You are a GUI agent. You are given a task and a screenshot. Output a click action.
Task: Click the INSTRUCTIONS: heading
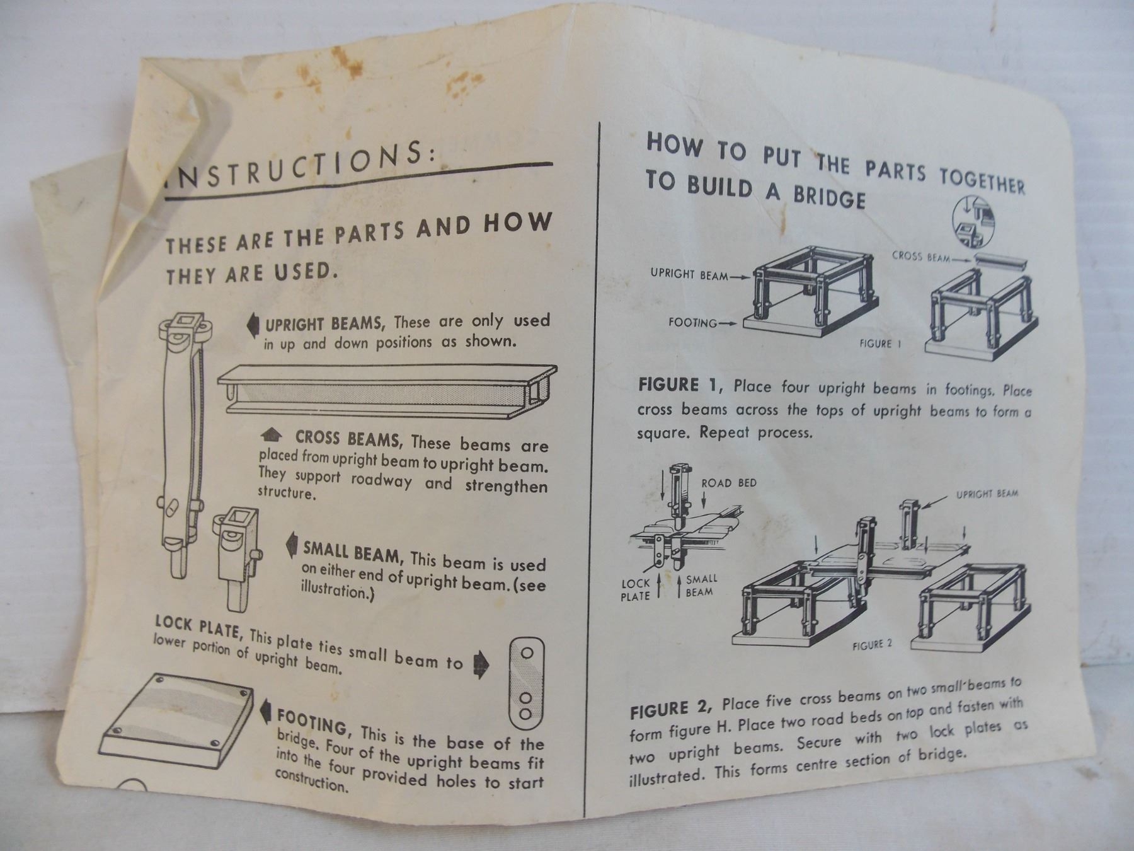tap(300, 163)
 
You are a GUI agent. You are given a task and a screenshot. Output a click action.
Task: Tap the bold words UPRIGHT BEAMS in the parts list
tap(324, 325)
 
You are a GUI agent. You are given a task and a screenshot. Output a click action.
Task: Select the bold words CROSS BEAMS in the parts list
tap(347, 438)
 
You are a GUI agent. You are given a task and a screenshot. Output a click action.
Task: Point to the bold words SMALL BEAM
tap(352, 551)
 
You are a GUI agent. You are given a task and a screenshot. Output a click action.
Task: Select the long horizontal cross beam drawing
tap(387, 389)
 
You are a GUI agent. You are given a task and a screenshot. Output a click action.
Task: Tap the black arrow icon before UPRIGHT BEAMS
tap(253, 325)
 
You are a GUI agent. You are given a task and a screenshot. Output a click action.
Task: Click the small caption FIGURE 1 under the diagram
tap(880, 344)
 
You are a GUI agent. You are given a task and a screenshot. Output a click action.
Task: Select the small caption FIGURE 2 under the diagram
tap(872, 645)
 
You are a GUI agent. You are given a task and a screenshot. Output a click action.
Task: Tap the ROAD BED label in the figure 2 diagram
tap(729, 483)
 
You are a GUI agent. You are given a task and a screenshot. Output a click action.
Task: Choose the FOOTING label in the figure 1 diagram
tap(692, 323)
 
